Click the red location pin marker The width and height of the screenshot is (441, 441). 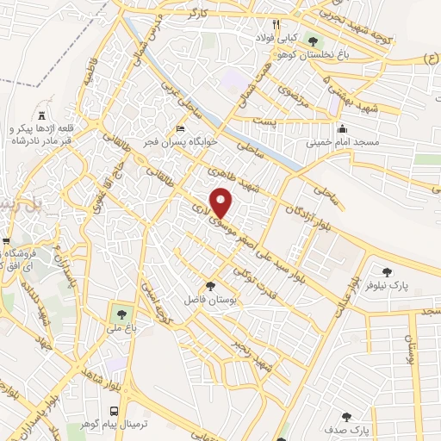point(222,202)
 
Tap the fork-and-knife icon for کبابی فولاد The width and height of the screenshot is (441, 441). point(276,24)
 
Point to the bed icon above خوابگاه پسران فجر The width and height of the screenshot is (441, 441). point(179,127)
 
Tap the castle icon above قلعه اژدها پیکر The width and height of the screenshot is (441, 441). point(41,115)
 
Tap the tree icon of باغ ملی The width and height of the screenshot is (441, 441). point(116,311)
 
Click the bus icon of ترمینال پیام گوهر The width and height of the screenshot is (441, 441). point(115,411)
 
